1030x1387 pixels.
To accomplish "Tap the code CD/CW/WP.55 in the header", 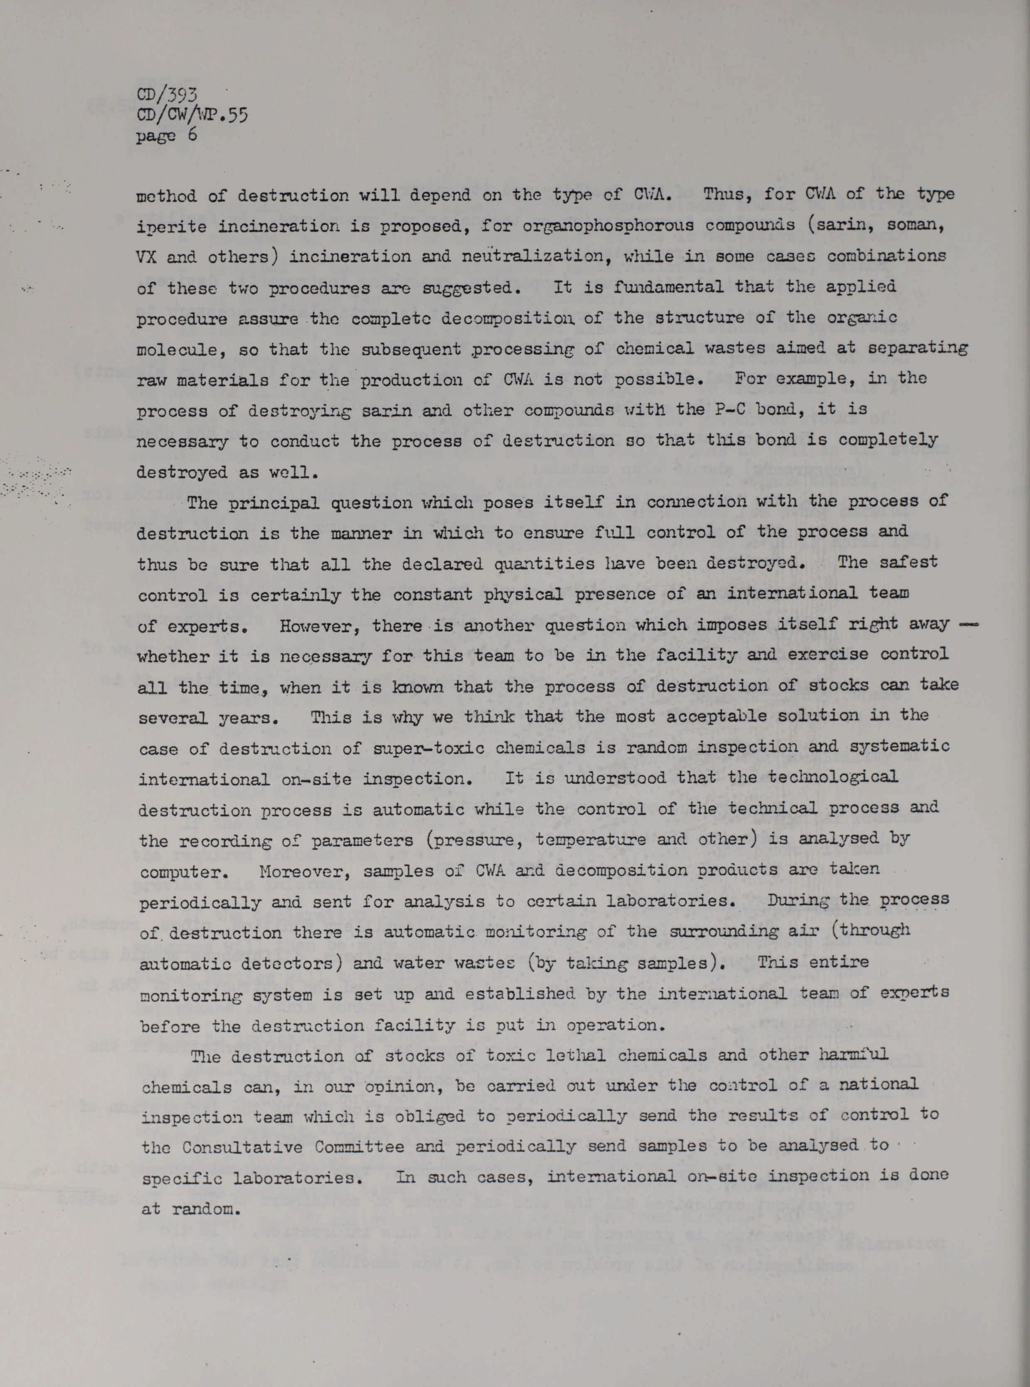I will pyautogui.click(x=192, y=115).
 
